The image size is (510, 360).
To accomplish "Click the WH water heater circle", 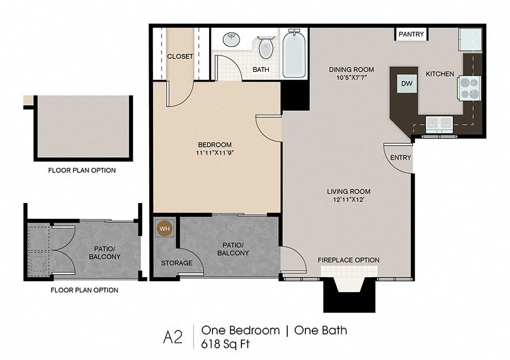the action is (165, 229).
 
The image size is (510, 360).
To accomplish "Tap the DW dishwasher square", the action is (406, 84).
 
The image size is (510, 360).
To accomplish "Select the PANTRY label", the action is (411, 34).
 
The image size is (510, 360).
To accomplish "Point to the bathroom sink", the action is (232, 40).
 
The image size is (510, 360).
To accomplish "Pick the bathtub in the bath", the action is (294, 53).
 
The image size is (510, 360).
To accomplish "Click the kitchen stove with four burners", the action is (469, 88).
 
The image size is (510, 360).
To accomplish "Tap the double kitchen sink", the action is (439, 124).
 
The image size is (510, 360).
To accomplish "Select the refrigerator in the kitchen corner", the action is (470, 39).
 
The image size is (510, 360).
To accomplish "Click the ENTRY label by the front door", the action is (401, 158).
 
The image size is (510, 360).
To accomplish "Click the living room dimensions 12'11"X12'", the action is (348, 200).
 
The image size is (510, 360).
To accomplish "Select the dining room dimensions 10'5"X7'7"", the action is (351, 78).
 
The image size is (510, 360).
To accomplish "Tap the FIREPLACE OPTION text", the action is (348, 260).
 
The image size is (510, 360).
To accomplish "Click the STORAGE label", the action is (177, 263).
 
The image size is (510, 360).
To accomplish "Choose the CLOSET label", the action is (180, 57).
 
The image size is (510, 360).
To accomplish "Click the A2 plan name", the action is (173, 337).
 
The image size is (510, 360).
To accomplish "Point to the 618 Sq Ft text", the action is (225, 344).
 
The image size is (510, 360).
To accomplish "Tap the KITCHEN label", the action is (440, 74).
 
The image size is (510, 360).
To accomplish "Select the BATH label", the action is (261, 70).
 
